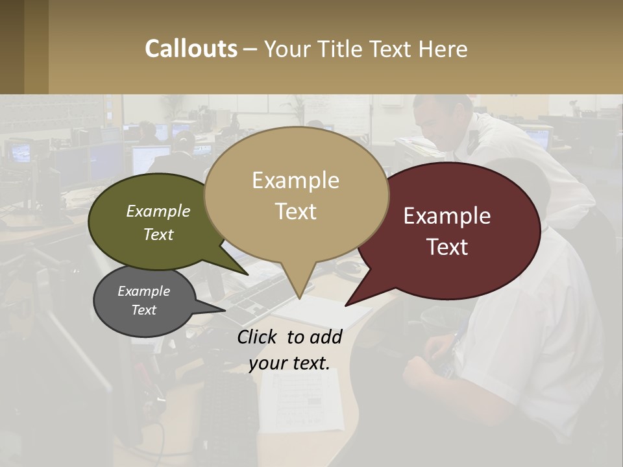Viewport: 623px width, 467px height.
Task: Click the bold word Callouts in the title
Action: click(191, 49)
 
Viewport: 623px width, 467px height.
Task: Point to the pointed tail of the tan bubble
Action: click(299, 289)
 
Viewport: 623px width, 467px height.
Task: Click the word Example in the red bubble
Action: click(447, 216)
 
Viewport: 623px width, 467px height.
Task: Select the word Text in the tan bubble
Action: click(296, 211)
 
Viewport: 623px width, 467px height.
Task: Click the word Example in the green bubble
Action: click(158, 211)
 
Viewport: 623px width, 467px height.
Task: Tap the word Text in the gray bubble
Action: click(143, 310)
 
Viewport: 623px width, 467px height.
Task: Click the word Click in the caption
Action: click(258, 337)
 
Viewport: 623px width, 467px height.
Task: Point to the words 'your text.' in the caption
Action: click(289, 363)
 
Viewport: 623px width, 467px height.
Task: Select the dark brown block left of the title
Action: click(24, 47)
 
